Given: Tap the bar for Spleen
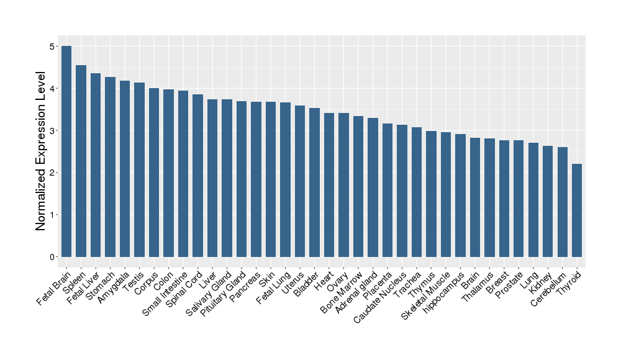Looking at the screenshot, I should click(x=81, y=161).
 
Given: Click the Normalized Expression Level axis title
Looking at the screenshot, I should click(x=41, y=151).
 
